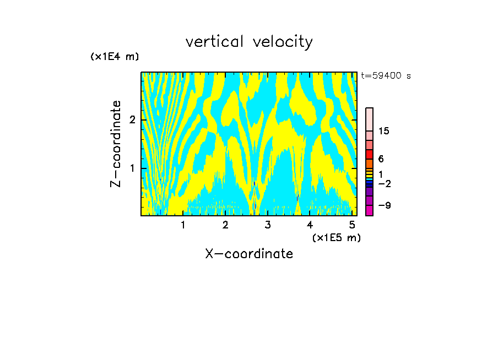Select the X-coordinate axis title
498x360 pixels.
[249, 254]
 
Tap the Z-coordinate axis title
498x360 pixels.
[116, 144]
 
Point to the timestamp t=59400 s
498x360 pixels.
[386, 76]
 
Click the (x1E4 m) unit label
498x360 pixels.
[115, 57]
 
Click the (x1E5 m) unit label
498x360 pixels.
[337, 237]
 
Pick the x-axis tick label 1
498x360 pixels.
[183, 225]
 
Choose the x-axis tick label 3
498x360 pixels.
[268, 225]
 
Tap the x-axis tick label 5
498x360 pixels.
[352, 225]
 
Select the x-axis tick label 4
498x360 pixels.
[310, 225]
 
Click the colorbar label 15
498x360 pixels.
[383, 131]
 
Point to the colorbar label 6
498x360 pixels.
[381, 159]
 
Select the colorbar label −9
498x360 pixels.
[384, 206]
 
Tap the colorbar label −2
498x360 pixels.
[384, 183]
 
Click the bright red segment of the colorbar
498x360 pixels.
[369, 154]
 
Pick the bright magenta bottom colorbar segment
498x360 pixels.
[369, 210]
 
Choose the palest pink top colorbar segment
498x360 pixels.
[369, 119]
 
